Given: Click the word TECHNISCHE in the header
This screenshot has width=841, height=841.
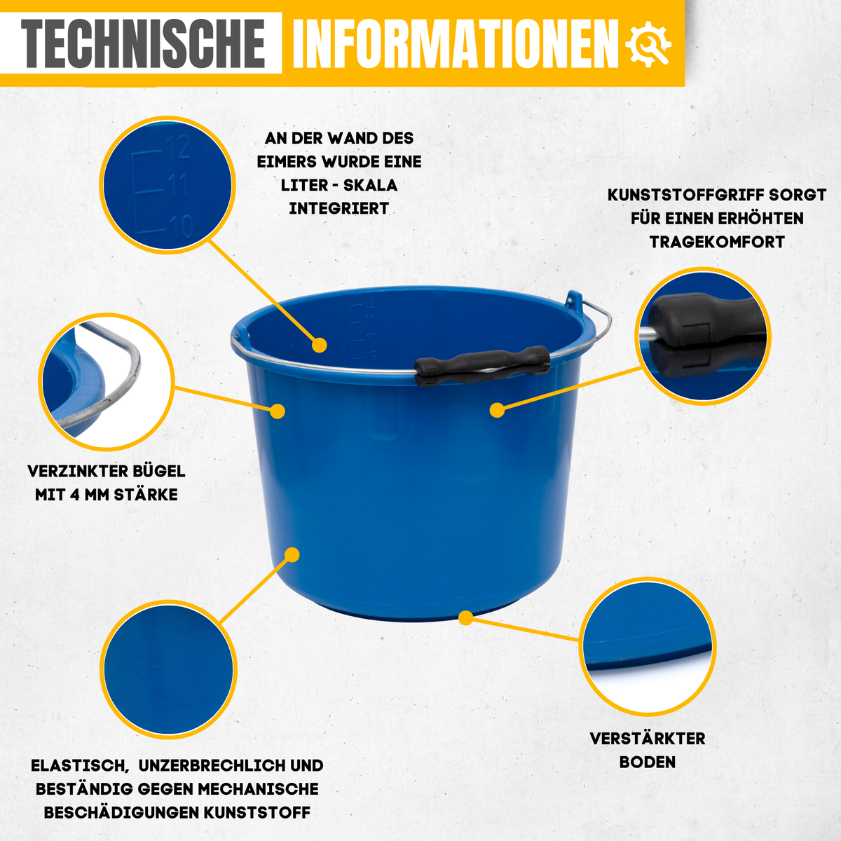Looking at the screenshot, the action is (143, 43).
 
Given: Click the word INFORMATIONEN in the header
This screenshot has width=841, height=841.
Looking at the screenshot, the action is (456, 43).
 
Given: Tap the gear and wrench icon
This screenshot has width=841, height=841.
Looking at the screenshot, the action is (648, 44).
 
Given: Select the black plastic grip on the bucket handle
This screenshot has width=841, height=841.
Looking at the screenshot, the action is (482, 366).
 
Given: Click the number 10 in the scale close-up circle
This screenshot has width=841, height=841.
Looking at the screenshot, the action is (182, 226).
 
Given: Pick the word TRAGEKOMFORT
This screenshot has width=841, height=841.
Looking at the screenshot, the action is (717, 242).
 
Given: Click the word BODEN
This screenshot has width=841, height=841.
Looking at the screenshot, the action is (648, 762).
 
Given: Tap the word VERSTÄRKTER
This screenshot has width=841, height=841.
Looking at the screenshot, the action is (648, 739).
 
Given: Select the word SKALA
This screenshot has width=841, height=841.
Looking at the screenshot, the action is (371, 185).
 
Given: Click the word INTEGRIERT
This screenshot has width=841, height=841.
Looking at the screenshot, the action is (339, 209).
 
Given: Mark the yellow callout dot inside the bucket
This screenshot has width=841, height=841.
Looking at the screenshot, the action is (320, 346).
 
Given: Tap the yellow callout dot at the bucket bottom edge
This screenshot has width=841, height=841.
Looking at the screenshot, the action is (466, 618).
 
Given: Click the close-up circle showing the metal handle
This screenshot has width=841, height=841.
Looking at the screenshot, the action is (107, 381).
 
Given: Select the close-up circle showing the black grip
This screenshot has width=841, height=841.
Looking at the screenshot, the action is (703, 336).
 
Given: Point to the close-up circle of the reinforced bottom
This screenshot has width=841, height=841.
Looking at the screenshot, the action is (648, 647).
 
